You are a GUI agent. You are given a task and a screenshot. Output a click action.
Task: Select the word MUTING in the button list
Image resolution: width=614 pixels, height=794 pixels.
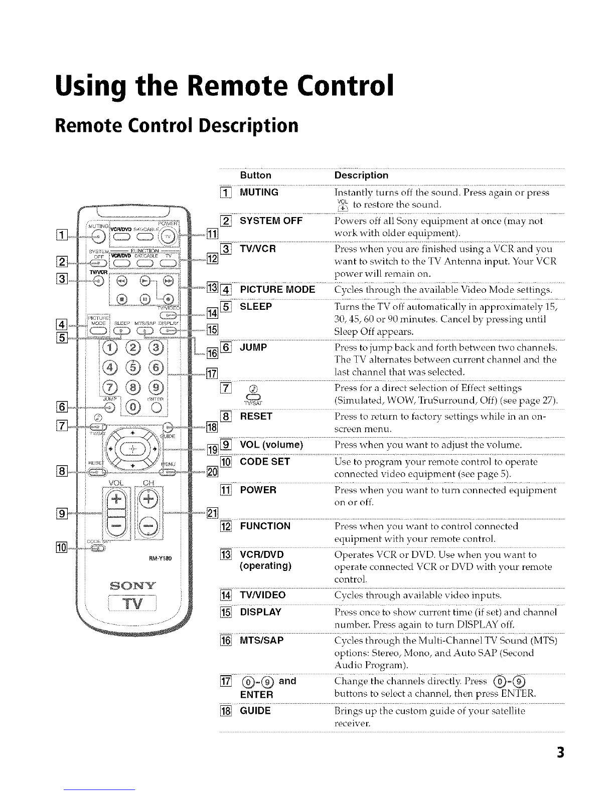coord(259,192)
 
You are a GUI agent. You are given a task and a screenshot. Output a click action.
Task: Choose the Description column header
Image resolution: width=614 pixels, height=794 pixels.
coord(361,175)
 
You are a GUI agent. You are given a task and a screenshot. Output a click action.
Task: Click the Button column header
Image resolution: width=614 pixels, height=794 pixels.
coord(256,175)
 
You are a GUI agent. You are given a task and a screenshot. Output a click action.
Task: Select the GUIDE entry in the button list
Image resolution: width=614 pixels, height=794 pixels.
coord(256,711)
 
